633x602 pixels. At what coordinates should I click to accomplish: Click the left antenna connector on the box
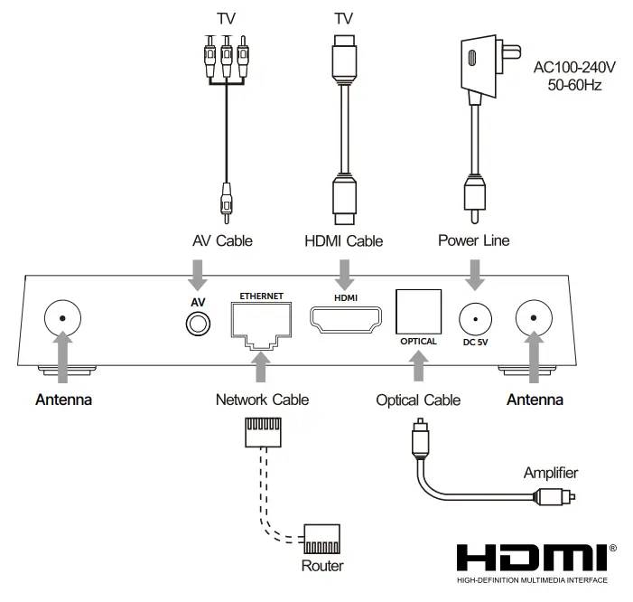click(62, 318)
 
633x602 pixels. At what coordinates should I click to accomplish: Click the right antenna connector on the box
click(534, 318)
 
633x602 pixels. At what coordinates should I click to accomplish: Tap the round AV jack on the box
click(198, 324)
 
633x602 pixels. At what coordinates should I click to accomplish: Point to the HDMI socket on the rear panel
click(346, 320)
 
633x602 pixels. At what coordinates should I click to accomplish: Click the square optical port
click(418, 312)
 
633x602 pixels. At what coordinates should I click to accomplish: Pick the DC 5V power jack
click(475, 319)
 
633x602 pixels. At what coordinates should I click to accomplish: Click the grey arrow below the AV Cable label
click(198, 275)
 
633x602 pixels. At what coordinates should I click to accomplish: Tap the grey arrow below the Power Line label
click(475, 275)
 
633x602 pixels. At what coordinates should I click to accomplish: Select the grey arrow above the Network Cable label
click(261, 366)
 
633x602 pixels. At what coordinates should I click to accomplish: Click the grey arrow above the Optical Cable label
click(419, 366)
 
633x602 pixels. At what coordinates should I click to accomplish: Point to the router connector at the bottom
click(321, 539)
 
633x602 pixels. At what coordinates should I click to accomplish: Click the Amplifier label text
click(551, 473)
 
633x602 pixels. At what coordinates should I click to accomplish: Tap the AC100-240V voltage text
click(574, 67)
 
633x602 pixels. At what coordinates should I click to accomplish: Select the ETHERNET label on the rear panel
click(262, 296)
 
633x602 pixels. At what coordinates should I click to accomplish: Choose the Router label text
click(322, 566)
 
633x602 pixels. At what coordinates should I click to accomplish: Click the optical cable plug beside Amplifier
click(554, 496)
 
